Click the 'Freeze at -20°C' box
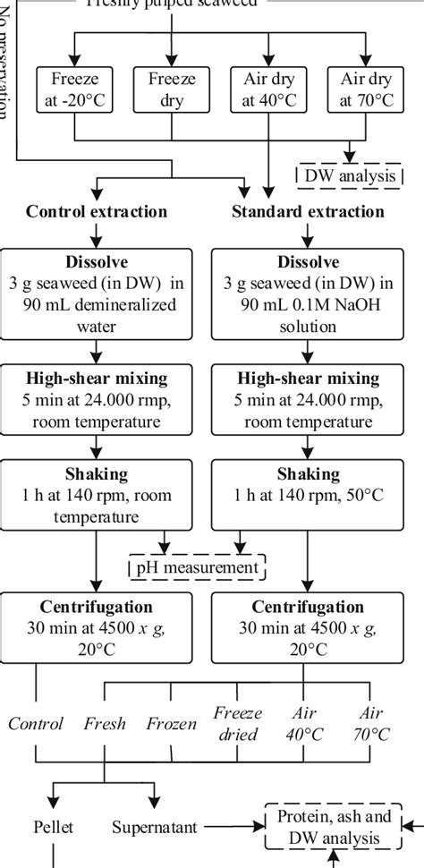pyautogui.click(x=75, y=89)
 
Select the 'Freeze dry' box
pyautogui.click(x=172, y=89)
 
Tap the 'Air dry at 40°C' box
pyautogui.click(x=268, y=89)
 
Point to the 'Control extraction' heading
pyautogui.click(x=96, y=212)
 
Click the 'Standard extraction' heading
pyautogui.click(x=308, y=212)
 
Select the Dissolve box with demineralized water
pyautogui.click(x=96, y=294)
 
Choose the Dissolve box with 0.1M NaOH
pyautogui.click(x=308, y=294)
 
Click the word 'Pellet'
pyautogui.click(x=55, y=827)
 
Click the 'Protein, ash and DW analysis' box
pyautogui.click(x=334, y=827)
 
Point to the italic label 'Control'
pyautogui.click(x=36, y=724)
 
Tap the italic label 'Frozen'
pyautogui.click(x=171, y=724)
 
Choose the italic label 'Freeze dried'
pyautogui.click(x=237, y=724)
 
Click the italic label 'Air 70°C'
pyautogui.click(x=369, y=724)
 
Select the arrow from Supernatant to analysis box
pyautogui.click(x=233, y=827)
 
